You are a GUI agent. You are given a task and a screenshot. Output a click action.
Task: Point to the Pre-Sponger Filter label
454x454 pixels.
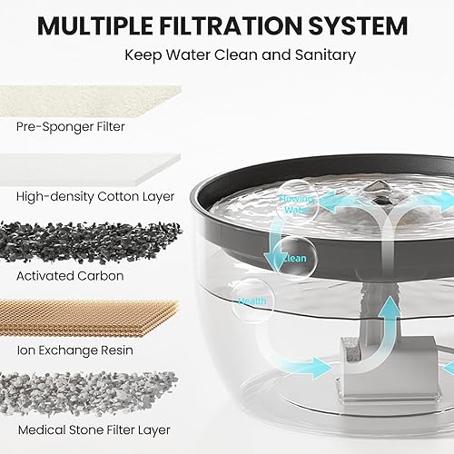(70, 127)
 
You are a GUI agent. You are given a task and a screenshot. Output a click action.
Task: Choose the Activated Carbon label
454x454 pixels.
(70, 275)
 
